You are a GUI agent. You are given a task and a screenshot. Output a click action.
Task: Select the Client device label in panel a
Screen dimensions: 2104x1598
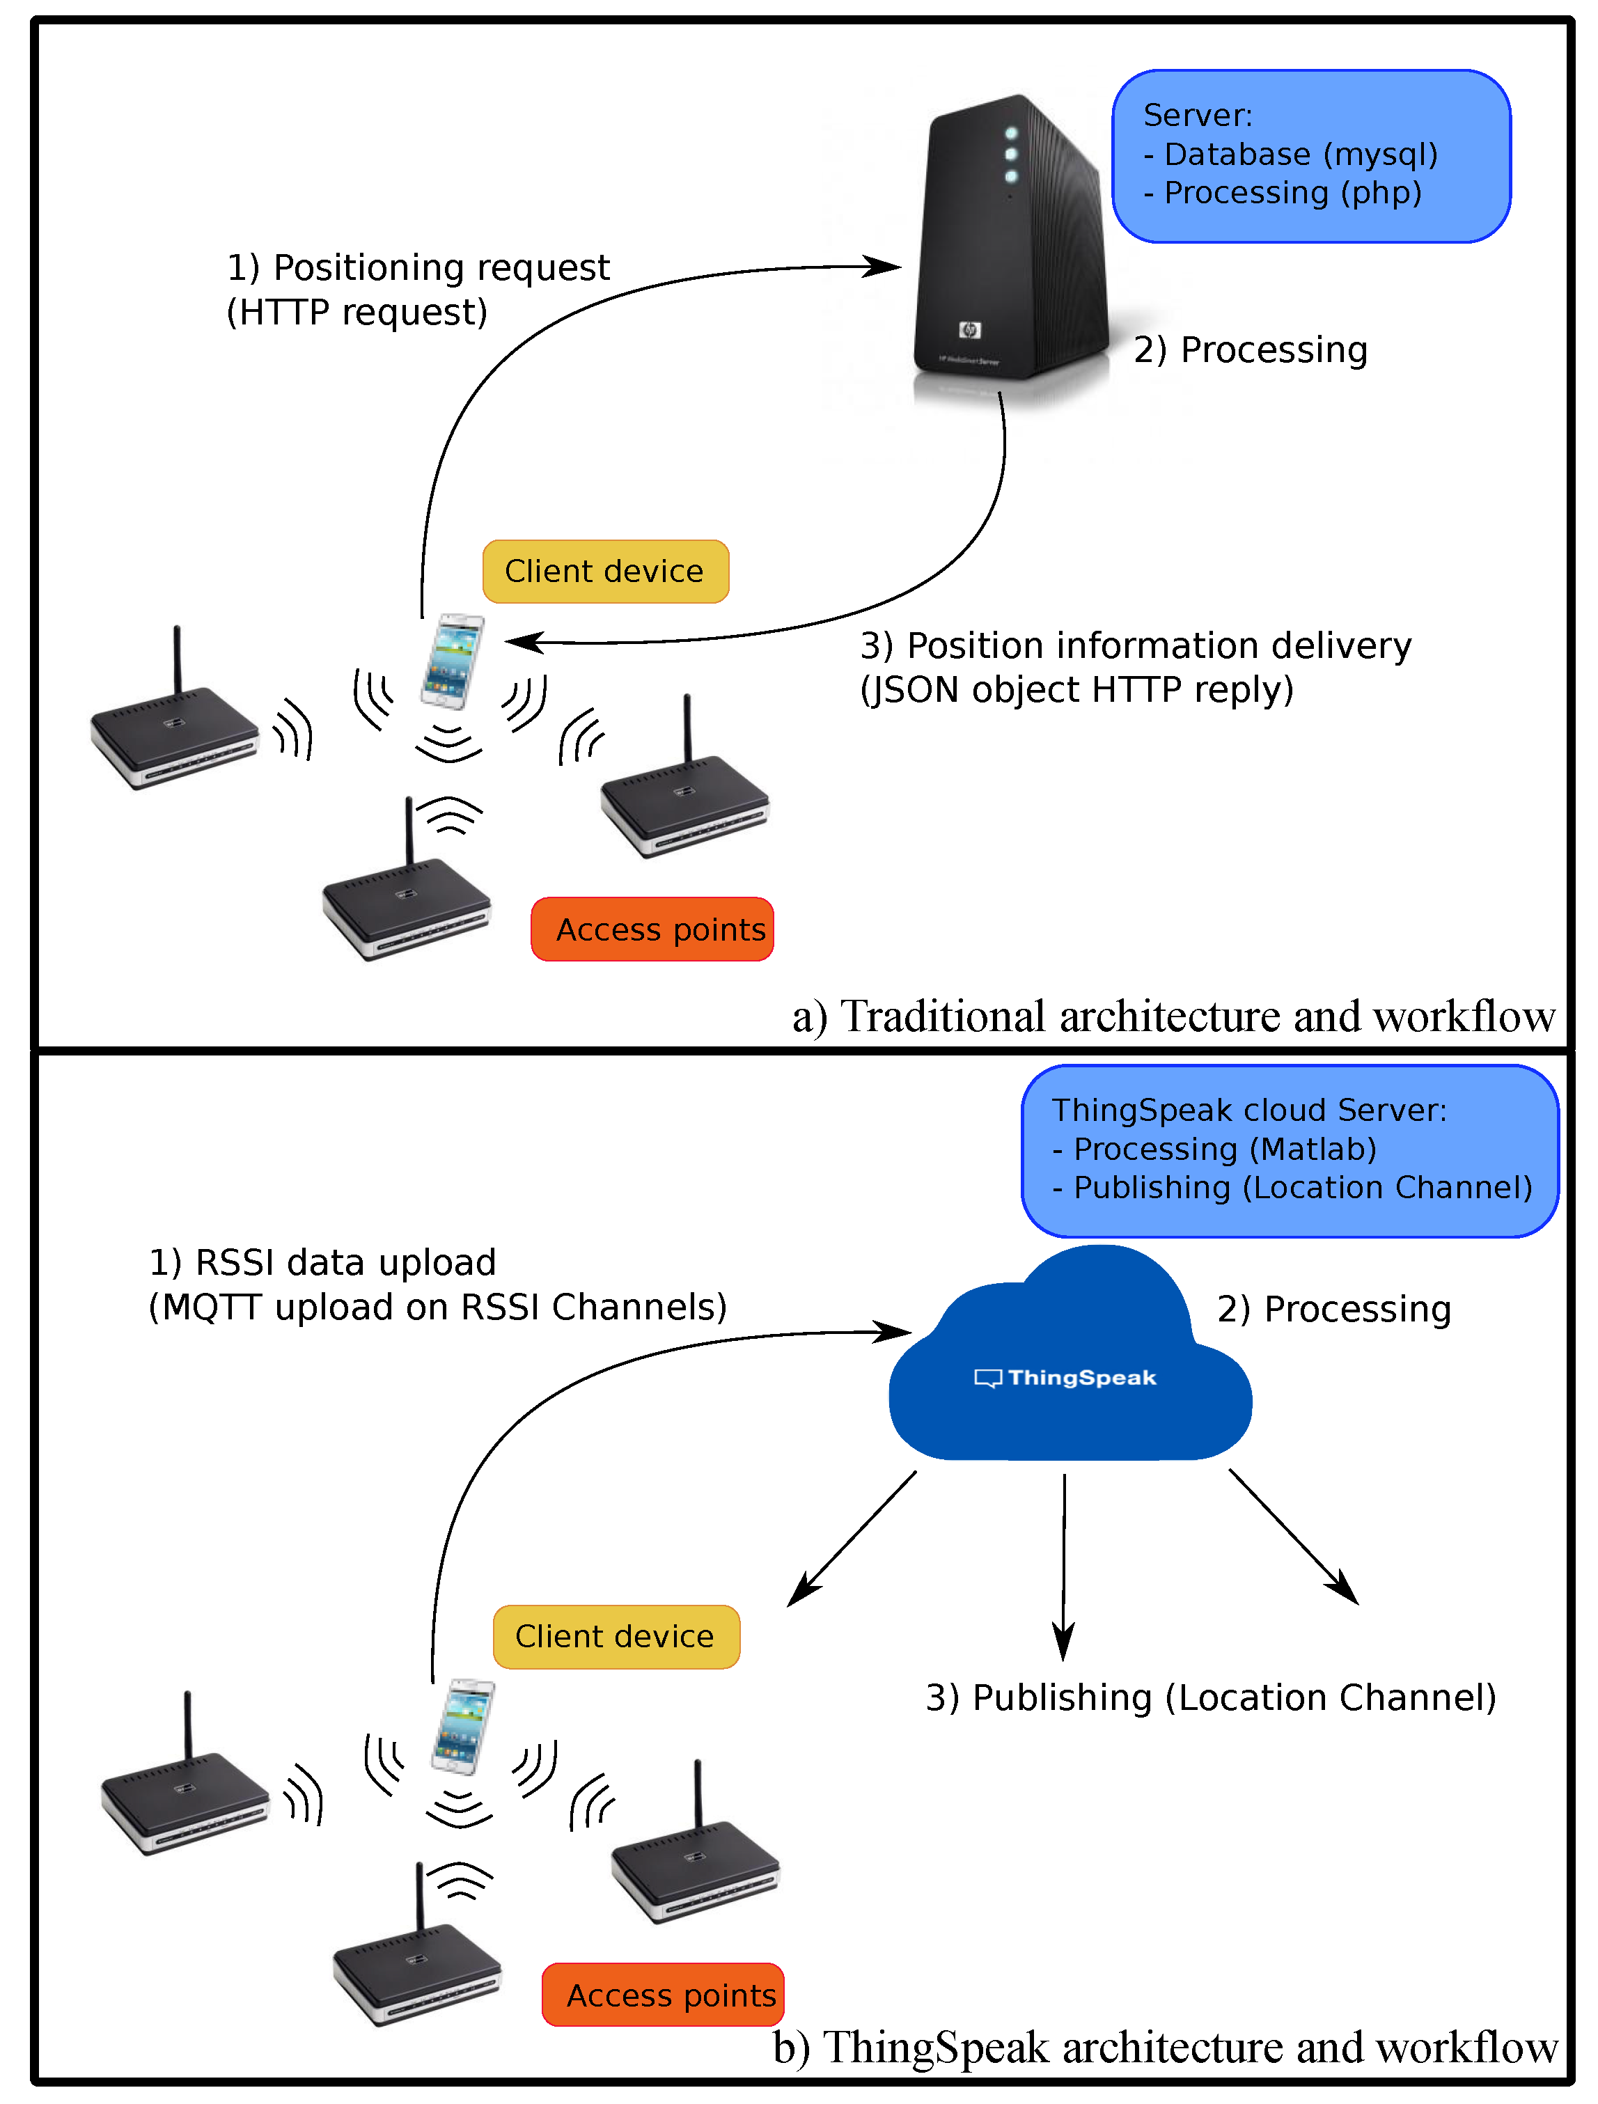[x=605, y=572]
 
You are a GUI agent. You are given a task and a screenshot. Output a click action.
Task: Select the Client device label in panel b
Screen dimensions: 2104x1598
[x=616, y=1636]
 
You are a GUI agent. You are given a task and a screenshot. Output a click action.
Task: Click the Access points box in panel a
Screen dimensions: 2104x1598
[x=653, y=929]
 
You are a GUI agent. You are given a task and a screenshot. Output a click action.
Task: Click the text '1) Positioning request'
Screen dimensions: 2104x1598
[x=418, y=268]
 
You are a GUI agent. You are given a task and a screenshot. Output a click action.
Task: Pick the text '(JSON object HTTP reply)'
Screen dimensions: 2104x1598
[x=1076, y=689]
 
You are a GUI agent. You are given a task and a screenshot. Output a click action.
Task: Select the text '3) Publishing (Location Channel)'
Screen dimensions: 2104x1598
[x=1211, y=1698]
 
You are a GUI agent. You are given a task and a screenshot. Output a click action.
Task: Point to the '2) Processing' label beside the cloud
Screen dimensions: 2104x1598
[x=1333, y=1309]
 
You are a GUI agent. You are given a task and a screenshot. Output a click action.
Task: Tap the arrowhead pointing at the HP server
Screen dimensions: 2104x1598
[x=884, y=267]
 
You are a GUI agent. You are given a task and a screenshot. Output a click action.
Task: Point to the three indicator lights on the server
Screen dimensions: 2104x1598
[x=1011, y=154]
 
